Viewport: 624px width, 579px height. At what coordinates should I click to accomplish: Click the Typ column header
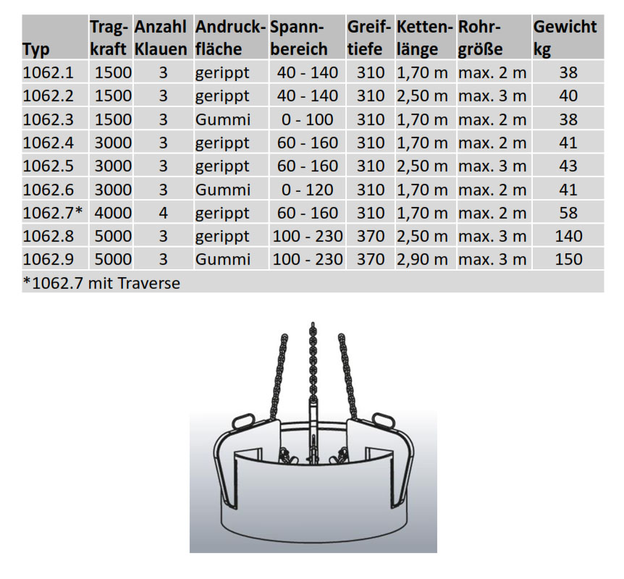[35, 49]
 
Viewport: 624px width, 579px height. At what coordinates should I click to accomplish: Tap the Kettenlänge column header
[425, 38]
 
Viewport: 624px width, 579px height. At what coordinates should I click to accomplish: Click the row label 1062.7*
[53, 213]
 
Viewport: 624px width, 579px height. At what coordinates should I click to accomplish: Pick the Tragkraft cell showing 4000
[113, 213]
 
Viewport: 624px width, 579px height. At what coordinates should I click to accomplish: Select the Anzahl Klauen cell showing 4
[163, 213]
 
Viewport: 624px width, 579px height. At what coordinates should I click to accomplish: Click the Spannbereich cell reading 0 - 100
[307, 119]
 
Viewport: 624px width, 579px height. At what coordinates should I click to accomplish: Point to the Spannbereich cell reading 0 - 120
[307, 190]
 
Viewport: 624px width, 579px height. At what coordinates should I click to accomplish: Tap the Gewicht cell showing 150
[569, 259]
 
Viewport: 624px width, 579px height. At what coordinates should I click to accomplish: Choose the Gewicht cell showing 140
[569, 237]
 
